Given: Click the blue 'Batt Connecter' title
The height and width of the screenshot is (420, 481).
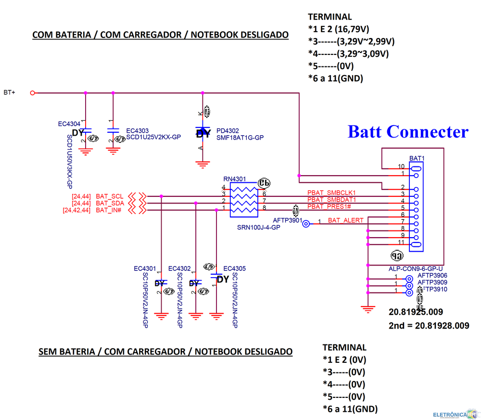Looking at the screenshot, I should [408, 131].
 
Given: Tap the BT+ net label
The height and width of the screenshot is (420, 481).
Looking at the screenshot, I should [10, 92].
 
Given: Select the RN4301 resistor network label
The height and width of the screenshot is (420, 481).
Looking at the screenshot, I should [234, 178].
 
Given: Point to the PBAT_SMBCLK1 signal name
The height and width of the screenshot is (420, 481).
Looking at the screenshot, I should [331, 193].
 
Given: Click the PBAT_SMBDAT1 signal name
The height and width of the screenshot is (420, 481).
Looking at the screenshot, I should [331, 200].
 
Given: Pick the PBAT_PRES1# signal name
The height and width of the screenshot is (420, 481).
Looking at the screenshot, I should [329, 206].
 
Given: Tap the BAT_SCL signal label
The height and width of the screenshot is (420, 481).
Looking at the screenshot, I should [110, 196].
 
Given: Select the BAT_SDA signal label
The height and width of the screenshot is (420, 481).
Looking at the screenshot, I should [110, 204].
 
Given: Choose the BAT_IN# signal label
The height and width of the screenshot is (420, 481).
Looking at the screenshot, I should [109, 210].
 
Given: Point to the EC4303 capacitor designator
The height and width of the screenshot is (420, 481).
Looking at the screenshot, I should [137, 130].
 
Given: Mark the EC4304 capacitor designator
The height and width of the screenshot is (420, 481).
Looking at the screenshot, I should [69, 124].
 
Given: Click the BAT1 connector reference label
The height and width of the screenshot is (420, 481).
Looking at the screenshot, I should [417, 158].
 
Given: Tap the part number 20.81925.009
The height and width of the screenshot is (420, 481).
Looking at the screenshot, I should [416, 312].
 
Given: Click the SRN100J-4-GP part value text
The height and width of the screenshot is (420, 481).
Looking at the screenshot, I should [259, 227].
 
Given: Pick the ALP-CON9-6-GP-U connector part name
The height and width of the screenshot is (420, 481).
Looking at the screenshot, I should [416, 268].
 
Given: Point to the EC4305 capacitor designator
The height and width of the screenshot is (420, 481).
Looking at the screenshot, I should [241, 268].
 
